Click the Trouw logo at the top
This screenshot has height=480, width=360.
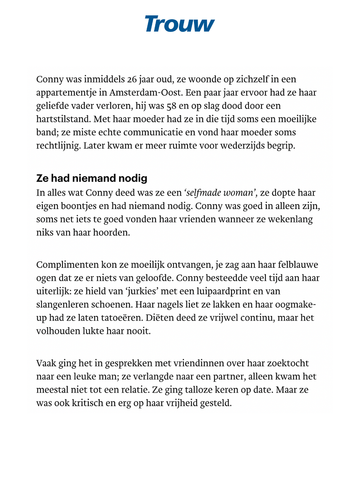coord(180,24)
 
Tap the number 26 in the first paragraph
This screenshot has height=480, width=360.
coord(132,79)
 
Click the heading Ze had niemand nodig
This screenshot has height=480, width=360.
coord(92,178)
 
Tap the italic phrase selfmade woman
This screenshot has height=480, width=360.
coord(220,193)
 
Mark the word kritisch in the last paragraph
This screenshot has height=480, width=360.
coord(87,403)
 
